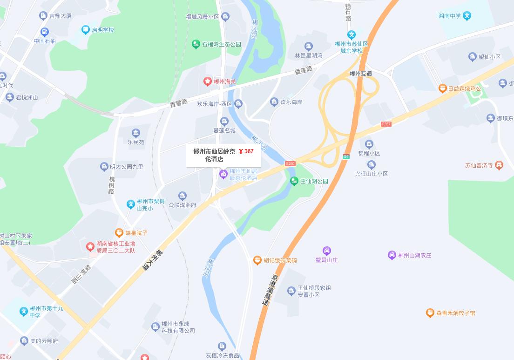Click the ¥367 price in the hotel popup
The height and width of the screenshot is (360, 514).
tap(246, 151)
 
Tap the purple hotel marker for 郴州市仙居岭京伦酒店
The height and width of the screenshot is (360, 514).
tap(223, 174)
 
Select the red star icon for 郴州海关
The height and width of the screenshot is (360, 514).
tap(208, 82)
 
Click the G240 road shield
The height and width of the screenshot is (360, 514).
tap(290, 163)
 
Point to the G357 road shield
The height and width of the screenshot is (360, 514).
tap(386, 124)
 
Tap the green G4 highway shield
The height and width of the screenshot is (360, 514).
tap(346, 156)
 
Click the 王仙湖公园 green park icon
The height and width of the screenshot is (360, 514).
tap(294, 181)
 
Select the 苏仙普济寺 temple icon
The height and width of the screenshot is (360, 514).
tap(499, 165)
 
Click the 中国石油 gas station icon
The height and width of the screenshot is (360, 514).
tap(44, 32)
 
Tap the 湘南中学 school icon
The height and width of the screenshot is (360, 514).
tap(467, 16)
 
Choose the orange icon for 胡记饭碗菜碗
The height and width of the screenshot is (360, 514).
tap(257, 260)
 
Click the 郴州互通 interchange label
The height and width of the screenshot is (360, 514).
tap(361, 74)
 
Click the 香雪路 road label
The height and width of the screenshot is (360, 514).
tap(178, 102)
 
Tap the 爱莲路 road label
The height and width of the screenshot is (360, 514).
tap(304, 71)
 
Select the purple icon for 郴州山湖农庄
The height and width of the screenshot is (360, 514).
tap(392, 255)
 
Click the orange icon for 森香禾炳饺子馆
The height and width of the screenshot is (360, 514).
tap(430, 313)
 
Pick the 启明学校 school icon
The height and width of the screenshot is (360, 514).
tap(86, 30)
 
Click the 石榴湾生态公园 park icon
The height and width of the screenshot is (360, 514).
tap(196, 44)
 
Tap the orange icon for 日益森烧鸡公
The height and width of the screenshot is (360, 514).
tap(442, 88)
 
